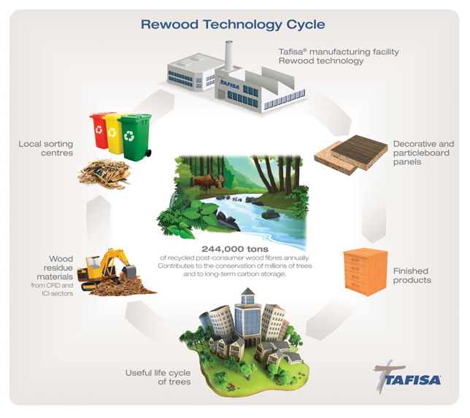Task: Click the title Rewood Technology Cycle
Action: click(x=233, y=25)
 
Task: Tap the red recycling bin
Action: click(x=99, y=131)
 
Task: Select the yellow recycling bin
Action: click(x=113, y=134)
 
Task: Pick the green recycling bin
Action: click(x=135, y=137)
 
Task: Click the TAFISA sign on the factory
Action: click(x=229, y=85)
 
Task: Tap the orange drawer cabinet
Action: click(x=365, y=272)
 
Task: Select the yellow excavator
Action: click(x=106, y=268)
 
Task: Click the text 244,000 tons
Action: click(x=235, y=249)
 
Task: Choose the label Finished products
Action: click(x=412, y=276)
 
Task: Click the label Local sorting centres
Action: click(x=46, y=148)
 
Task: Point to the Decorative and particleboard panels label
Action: click(x=423, y=152)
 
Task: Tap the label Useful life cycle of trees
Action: click(x=158, y=377)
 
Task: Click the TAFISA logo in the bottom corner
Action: click(x=407, y=377)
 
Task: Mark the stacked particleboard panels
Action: click(x=351, y=155)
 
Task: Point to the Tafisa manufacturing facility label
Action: click(x=339, y=56)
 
